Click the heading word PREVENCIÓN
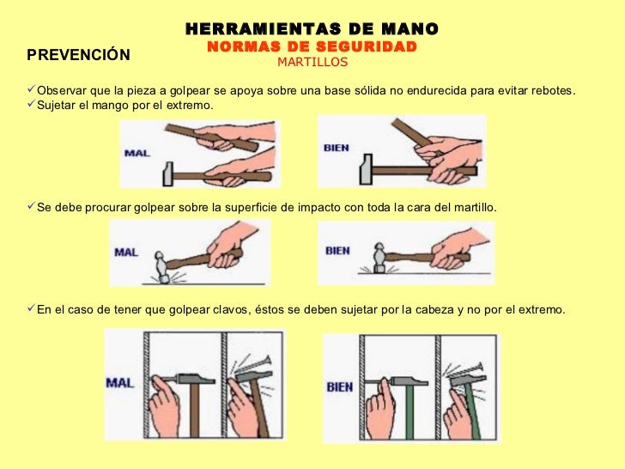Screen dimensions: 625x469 point(78,54)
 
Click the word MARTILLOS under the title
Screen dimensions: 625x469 point(312,62)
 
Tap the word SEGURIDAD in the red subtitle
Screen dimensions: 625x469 point(367,46)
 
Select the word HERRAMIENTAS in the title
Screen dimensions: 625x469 point(263,28)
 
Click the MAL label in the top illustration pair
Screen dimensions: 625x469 point(137,153)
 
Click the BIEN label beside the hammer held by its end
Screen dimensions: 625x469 point(336,148)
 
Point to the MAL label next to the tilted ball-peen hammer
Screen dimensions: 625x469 point(126,252)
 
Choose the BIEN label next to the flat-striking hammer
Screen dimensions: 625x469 point(337,251)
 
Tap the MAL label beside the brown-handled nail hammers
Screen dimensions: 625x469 point(119,383)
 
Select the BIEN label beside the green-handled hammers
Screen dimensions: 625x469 point(340,387)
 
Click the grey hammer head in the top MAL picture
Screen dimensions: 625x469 point(168,174)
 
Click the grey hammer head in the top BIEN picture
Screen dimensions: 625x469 point(366,169)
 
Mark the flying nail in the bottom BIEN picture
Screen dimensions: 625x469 point(465,370)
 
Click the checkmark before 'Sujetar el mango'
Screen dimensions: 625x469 point(31,104)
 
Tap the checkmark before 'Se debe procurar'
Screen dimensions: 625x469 point(31,206)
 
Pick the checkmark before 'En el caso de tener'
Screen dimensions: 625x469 point(31,308)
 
